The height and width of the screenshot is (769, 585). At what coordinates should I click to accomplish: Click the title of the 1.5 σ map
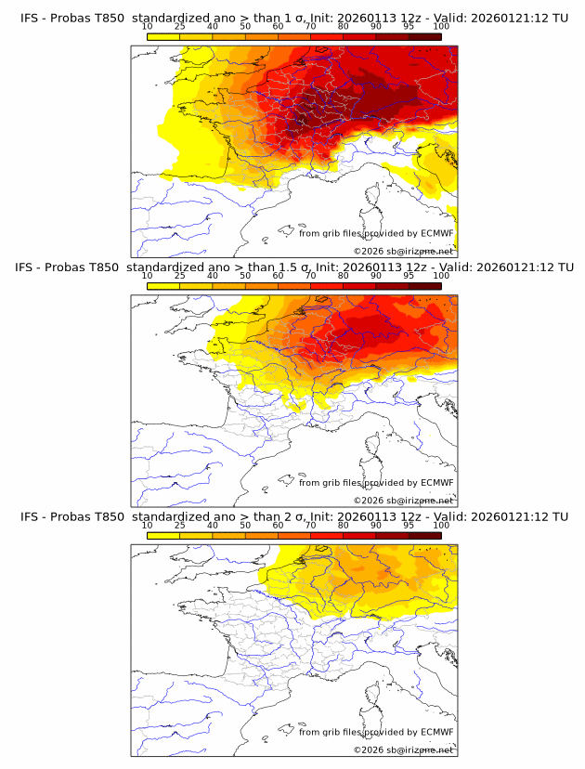click(x=292, y=267)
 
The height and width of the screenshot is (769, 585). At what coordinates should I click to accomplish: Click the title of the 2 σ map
click(x=292, y=516)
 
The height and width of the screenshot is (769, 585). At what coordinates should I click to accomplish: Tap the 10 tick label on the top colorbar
click(x=148, y=27)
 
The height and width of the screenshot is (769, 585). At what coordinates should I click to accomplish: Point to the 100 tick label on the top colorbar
click(x=441, y=27)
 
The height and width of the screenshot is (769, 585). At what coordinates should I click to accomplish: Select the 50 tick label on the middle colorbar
click(x=245, y=276)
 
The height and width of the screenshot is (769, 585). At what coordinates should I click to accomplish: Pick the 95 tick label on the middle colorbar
click(x=409, y=276)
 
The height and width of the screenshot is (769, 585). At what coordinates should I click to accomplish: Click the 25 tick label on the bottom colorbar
click(x=180, y=525)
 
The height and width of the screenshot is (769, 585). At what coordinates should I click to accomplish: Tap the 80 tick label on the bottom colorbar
click(x=344, y=525)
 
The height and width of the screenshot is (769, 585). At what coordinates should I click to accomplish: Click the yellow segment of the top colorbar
click(x=163, y=36)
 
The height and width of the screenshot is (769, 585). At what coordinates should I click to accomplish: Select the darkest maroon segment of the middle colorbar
click(x=424, y=285)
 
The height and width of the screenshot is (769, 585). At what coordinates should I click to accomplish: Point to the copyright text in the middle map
click(x=403, y=501)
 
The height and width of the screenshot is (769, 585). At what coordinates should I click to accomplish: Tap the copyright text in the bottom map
click(x=403, y=749)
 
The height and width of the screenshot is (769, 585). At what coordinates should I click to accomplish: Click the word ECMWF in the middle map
click(x=436, y=482)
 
